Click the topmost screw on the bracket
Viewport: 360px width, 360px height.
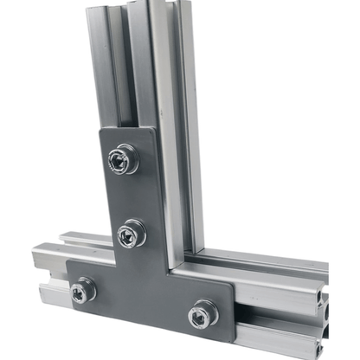tap(121, 158)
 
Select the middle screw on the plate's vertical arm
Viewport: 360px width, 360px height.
tap(131, 233)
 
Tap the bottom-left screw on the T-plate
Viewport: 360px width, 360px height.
tap(83, 290)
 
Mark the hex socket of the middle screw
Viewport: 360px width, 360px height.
tap(130, 233)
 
